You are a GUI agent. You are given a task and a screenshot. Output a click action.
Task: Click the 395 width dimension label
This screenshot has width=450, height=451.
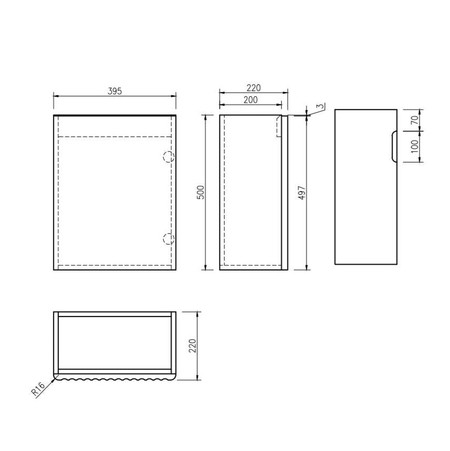click(x=115, y=91)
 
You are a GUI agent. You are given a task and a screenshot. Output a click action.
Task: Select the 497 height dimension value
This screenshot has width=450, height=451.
click(x=301, y=193)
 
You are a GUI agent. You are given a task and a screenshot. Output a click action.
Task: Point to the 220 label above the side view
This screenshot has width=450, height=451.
click(x=254, y=88)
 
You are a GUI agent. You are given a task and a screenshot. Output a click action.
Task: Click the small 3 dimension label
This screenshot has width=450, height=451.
click(x=319, y=107)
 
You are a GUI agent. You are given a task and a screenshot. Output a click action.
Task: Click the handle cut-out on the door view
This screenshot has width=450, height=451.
click(x=393, y=146)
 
